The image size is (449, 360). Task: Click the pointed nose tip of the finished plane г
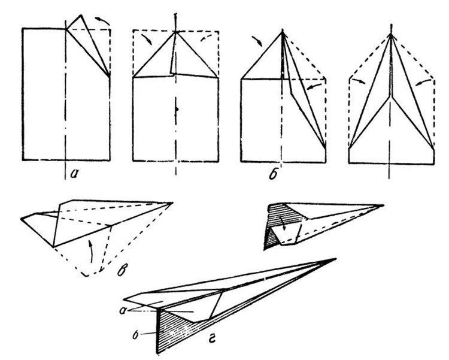pyautogui.click(x=336, y=259)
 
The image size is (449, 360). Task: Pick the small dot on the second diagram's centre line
pyautogui.click(x=177, y=109)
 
